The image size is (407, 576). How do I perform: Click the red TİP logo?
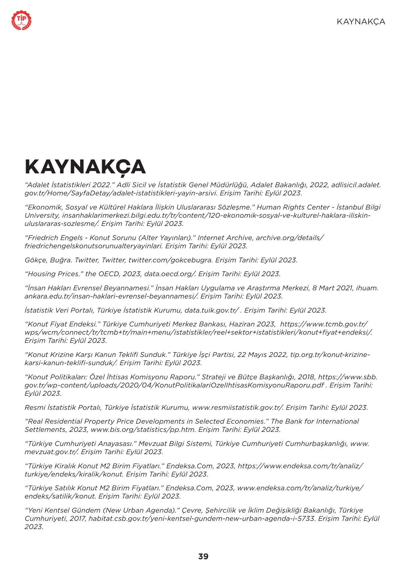click(x=22, y=21)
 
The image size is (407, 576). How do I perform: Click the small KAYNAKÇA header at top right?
click(x=361, y=22)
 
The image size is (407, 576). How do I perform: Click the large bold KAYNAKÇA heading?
click(x=85, y=167)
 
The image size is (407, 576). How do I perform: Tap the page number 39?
click(x=203, y=556)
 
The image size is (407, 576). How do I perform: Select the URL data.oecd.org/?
click(x=170, y=274)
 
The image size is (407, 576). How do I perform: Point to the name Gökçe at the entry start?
click(x=35, y=260)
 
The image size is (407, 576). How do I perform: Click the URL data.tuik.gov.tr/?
click(x=212, y=310)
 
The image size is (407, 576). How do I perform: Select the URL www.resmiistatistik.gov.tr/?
click(x=238, y=408)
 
